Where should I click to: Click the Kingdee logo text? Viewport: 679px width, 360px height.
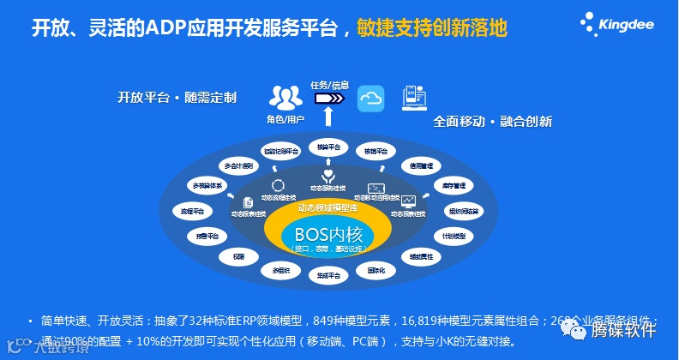pos(628,25)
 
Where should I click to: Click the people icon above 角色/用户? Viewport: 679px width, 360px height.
pos(285,97)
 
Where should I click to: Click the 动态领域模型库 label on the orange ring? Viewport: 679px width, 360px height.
pos(327,208)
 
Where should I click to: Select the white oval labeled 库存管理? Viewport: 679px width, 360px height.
pos(454,184)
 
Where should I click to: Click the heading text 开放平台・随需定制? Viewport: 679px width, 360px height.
pos(177,97)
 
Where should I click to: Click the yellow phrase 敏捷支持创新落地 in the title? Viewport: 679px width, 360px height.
pos(430,27)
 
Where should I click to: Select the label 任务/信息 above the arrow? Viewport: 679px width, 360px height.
pos(329,85)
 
